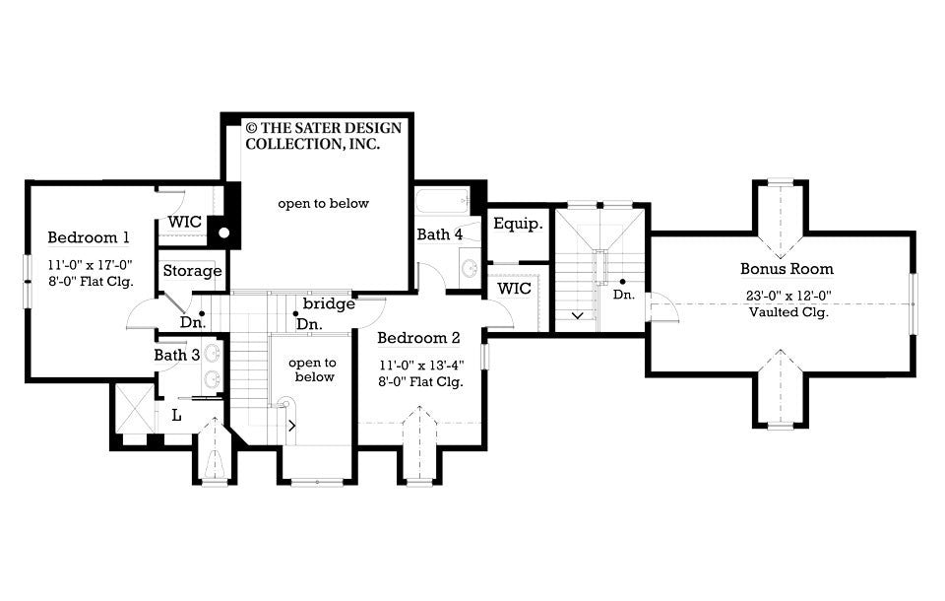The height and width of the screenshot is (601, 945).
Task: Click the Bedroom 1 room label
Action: click(x=89, y=237)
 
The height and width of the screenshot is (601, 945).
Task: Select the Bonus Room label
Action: click(x=787, y=269)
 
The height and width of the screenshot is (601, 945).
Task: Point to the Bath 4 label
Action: click(x=439, y=234)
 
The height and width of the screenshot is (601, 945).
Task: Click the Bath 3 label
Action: click(x=177, y=355)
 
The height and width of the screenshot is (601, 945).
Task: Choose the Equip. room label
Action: click(x=518, y=224)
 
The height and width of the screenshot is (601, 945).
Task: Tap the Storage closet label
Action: click(x=192, y=271)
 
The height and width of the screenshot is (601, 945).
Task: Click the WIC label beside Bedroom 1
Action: click(x=184, y=222)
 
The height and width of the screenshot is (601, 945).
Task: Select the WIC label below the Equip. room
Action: click(x=514, y=289)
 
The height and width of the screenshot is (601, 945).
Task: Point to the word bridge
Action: click(x=329, y=303)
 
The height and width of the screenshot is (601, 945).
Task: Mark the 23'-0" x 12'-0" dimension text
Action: click(x=787, y=295)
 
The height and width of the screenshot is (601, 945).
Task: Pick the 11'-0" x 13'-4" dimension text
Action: click(x=420, y=364)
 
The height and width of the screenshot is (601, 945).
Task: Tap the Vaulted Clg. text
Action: click(x=787, y=312)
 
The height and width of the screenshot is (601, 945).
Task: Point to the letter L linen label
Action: click(x=176, y=415)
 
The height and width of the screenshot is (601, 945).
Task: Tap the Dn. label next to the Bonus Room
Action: click(x=623, y=295)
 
